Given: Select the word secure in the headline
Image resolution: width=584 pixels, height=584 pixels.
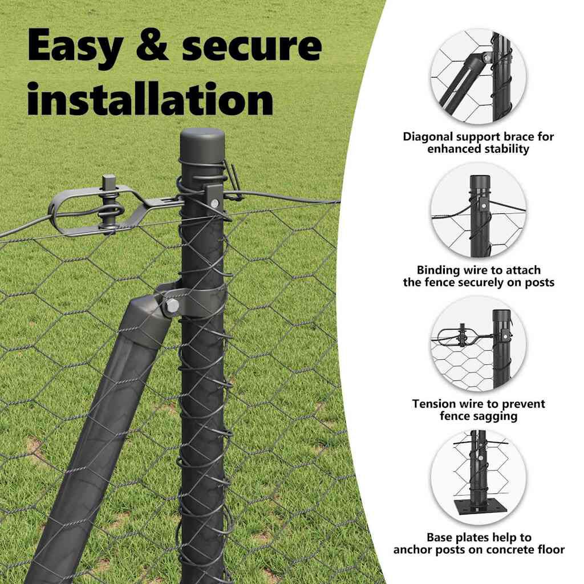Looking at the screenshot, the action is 252,46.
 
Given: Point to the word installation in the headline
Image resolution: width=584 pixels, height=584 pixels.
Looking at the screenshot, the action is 151,98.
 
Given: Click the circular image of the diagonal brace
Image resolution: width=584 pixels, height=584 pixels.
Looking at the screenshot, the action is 478,76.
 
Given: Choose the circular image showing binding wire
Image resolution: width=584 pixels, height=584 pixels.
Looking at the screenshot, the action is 478,210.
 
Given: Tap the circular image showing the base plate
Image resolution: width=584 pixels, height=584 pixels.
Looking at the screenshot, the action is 478,477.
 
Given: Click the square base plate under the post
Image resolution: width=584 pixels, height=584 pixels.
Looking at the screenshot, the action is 478,508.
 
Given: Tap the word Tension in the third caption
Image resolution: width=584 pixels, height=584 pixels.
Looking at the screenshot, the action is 434,404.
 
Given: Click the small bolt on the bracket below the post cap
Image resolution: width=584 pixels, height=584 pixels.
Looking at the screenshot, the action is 214,203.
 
